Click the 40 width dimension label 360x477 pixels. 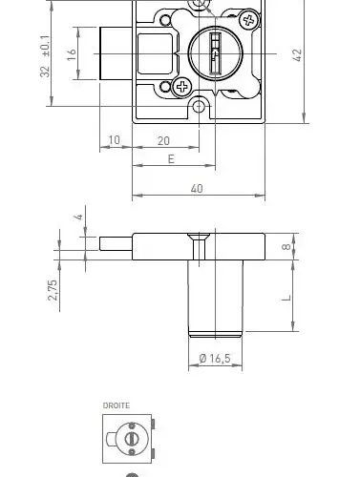click(x=197, y=189)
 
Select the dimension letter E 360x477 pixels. click(x=171, y=159)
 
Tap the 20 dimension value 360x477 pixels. click(x=163, y=140)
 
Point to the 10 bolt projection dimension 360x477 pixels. click(x=115, y=140)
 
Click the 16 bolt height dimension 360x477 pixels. click(x=72, y=54)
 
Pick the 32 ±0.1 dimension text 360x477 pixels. click(x=45, y=56)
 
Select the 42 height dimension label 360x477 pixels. click(x=297, y=55)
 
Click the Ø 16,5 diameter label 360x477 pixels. click(x=215, y=359)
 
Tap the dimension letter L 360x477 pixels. click(x=287, y=298)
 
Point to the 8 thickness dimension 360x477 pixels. click(x=286, y=246)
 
